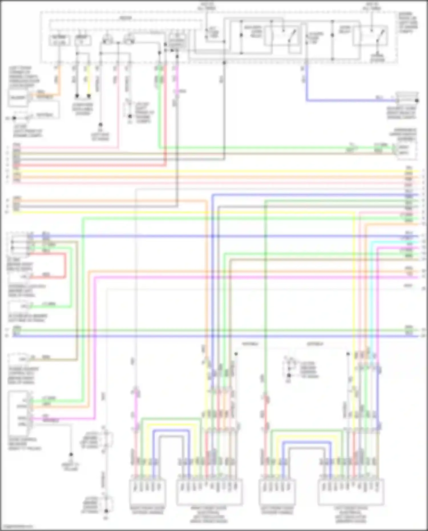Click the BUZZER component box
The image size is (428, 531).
pyautogui.click(x=18, y=98)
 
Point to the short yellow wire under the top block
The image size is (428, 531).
pyautogui.click(x=89, y=81)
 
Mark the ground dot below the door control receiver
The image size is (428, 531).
pyautogui.click(x=71, y=455)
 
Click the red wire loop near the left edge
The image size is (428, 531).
pyautogui.click(x=65, y=265)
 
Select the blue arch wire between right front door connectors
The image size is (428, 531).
pyautogui.click(x=171, y=430)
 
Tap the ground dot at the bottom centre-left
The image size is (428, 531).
pyautogui.click(x=106, y=511)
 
